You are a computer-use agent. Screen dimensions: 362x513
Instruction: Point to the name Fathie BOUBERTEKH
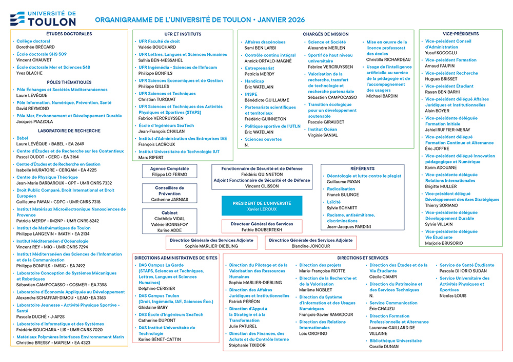coord(262,230)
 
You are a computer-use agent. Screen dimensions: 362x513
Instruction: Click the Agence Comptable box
coord(169,172)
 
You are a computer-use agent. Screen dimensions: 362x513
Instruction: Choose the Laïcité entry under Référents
coord(334,202)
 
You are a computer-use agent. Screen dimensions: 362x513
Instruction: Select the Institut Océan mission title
coord(323,130)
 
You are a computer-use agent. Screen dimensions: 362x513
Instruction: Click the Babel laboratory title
coord(23,138)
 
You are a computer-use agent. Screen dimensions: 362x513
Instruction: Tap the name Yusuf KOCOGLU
coord(441,52)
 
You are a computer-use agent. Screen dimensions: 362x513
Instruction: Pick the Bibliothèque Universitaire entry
coord(396,340)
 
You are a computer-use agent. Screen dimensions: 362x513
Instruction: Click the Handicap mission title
coord(254,81)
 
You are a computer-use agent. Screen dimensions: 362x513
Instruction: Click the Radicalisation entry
coord(341,189)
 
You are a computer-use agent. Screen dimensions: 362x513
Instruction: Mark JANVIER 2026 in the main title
coord(281,20)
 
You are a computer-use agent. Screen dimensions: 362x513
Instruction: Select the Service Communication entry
coord(393,303)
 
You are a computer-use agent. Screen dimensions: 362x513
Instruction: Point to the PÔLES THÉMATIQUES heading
coord(69,82)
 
